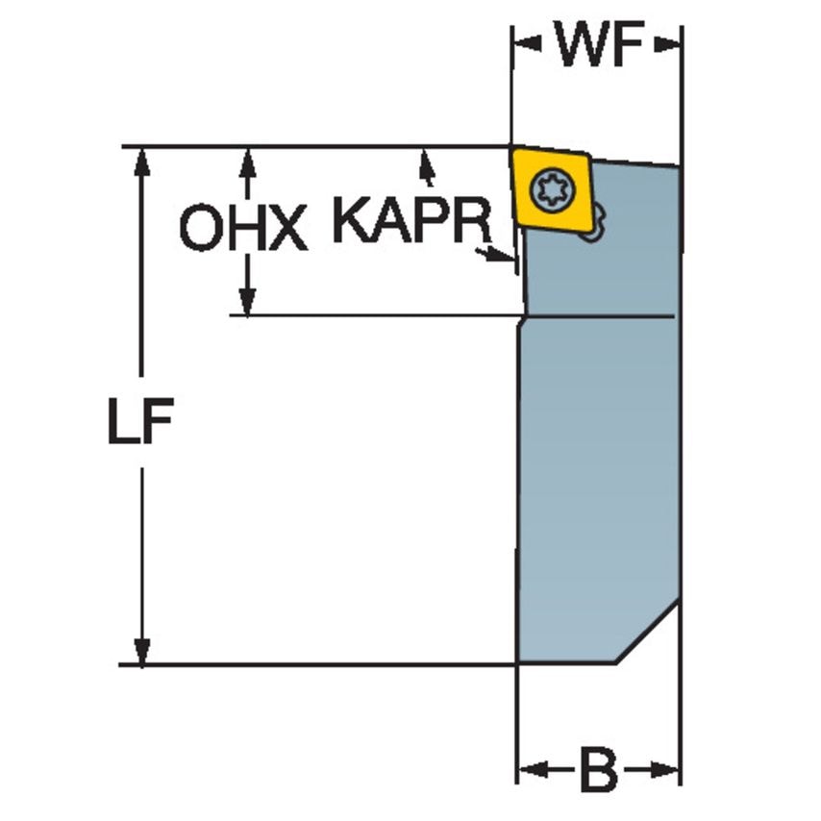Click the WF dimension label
click(x=599, y=45)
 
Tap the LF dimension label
click(x=140, y=421)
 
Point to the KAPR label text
click(x=412, y=220)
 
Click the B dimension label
click(x=599, y=771)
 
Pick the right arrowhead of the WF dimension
click(x=667, y=45)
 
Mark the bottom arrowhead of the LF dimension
click(x=141, y=652)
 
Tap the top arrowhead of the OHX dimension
click(x=247, y=162)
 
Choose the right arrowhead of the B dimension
click(x=665, y=770)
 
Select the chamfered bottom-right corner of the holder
click(x=648, y=633)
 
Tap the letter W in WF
click(x=582, y=45)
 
